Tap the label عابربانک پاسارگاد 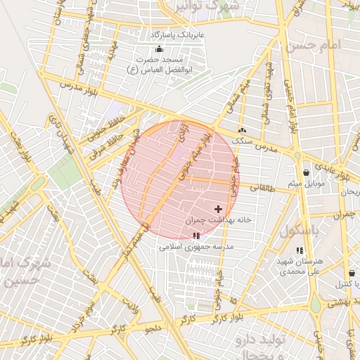(x=176, y=34)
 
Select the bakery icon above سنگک (x=243, y=130)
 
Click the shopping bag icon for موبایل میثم (x=306, y=172)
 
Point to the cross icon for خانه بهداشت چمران (x=218, y=209)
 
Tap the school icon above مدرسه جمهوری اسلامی (x=195, y=236)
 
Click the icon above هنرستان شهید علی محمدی (x=300, y=250)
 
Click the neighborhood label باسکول (x=299, y=231)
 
